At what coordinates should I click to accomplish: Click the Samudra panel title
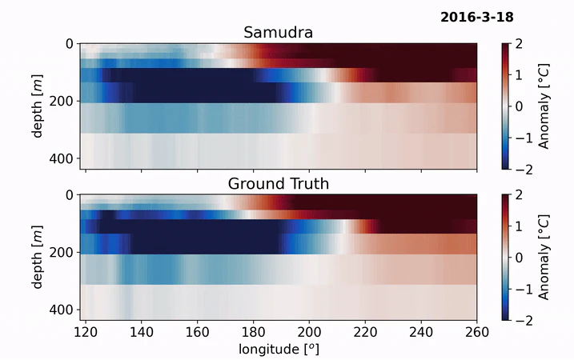[x=278, y=33]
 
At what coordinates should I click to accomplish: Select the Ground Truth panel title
[x=278, y=184]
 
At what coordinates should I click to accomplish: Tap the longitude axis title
[x=278, y=350]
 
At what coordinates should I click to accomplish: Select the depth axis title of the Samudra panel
[x=38, y=106]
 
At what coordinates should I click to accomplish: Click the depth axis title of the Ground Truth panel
[x=38, y=257]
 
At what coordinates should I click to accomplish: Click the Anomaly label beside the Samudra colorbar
[x=544, y=106]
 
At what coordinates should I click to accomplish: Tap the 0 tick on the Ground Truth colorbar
[x=520, y=258]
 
